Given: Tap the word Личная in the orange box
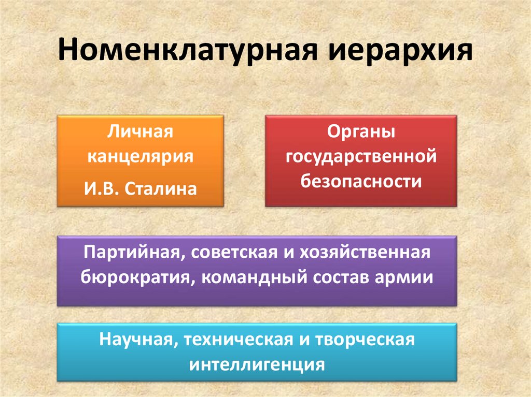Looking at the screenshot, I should point(140,132).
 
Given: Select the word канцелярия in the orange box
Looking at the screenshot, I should point(140,156).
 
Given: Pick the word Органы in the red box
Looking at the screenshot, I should point(361,132).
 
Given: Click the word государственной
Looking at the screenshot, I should point(361,157).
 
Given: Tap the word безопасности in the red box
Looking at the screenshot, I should point(361,181).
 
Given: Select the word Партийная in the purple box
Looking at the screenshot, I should point(130,253).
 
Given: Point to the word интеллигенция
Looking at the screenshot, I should point(257,364).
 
